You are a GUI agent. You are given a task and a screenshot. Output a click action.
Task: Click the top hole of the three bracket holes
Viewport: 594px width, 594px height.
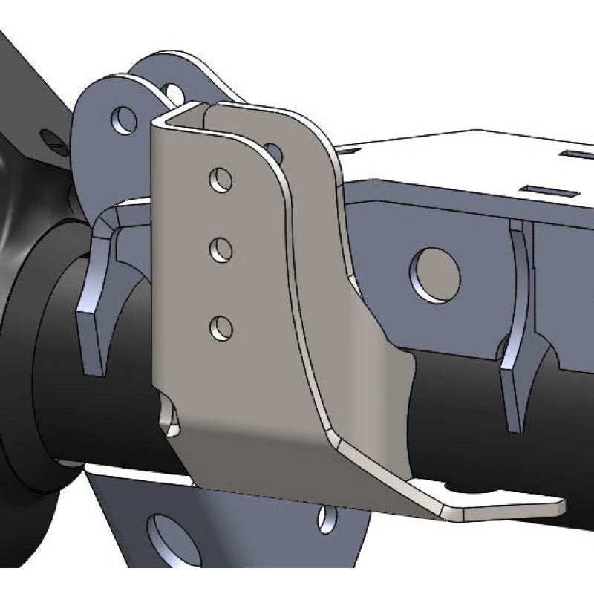[x=221, y=180]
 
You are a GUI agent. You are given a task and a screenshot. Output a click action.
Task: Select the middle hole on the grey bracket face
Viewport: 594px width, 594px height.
[x=221, y=250]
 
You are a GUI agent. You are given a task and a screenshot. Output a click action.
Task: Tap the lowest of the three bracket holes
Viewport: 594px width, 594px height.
[x=221, y=327]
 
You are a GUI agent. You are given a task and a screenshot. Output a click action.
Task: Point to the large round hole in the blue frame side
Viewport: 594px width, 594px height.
[x=437, y=274]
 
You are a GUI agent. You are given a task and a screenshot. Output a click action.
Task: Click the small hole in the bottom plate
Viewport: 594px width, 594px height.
[x=327, y=518]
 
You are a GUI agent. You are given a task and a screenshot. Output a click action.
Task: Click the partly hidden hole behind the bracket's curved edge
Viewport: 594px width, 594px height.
[x=274, y=152]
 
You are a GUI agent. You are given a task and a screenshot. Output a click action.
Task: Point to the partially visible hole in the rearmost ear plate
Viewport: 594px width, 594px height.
[x=175, y=94]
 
